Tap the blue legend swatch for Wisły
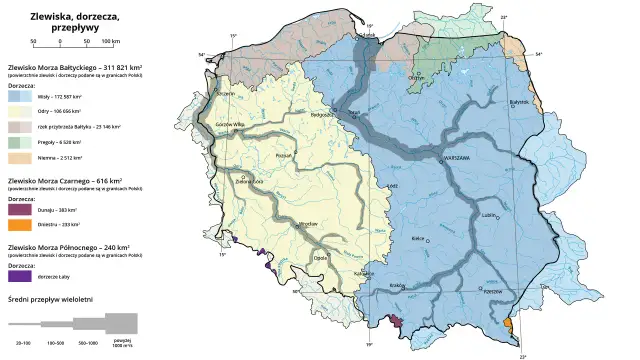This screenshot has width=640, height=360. coord(16,100)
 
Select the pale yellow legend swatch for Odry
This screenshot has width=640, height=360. coord(16,114)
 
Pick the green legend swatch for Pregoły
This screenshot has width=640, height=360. coord(16,143)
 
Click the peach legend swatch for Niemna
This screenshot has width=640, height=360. coord(16,158)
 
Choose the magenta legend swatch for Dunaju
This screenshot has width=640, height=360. coord(16,210)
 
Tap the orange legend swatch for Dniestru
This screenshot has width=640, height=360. coord(16,224)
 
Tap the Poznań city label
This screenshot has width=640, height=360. coord(283,156)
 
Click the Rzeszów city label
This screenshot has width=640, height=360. coord(491,292)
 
